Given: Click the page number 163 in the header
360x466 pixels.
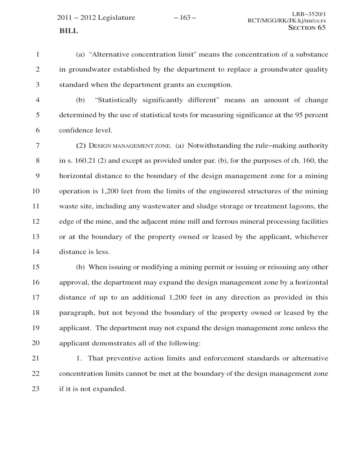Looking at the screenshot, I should click(185, 17).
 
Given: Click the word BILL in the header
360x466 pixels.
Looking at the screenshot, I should click(68, 31).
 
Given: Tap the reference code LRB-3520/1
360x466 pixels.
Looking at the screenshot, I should click(309, 14).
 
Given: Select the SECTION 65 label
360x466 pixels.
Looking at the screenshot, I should click(307, 28).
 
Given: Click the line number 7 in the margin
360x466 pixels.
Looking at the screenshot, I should click(37, 146).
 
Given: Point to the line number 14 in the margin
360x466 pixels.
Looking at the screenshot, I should click(36, 252).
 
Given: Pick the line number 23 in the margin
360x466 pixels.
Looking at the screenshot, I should click(36, 389).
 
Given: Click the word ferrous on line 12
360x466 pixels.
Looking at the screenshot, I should click(228, 221).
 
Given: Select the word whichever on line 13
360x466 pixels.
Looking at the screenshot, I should click(311, 237).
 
